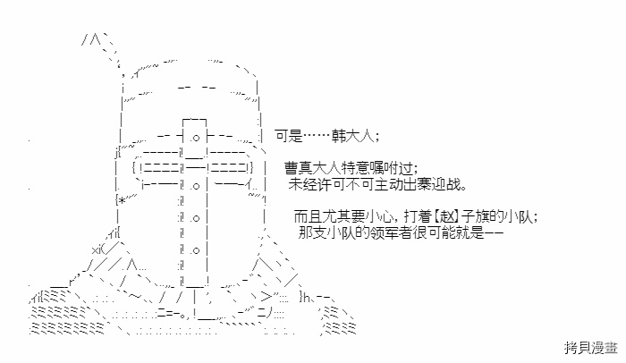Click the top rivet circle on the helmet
pyautogui.click(x=196, y=139)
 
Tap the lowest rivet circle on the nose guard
pyautogui.click(x=196, y=250)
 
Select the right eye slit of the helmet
pyautogui.click(x=229, y=168)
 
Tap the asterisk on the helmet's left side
pyautogui.click(x=122, y=199)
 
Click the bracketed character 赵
pyautogui.click(x=447, y=216)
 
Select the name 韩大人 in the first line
pyautogui.click(x=353, y=136)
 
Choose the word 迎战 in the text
pyautogui.click(x=445, y=184)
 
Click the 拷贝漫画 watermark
pyautogui.click(x=591, y=348)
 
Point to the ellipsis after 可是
pyautogui.click(x=317, y=137)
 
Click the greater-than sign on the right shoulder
pyautogui.click(x=266, y=297)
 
